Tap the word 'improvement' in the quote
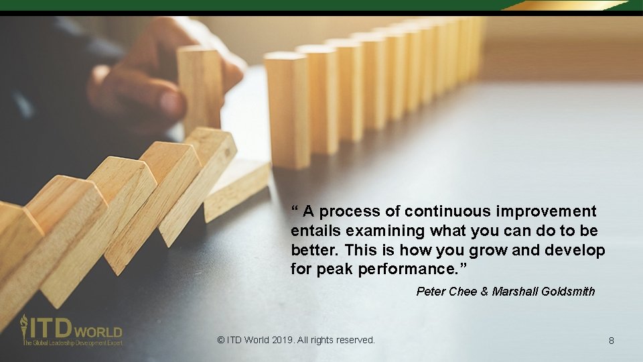pos(546,212)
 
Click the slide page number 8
pos(611,341)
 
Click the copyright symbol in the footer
pos(221,340)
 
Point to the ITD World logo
pos(71,330)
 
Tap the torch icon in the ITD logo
pos(25,327)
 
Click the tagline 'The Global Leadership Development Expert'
pos(72,343)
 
